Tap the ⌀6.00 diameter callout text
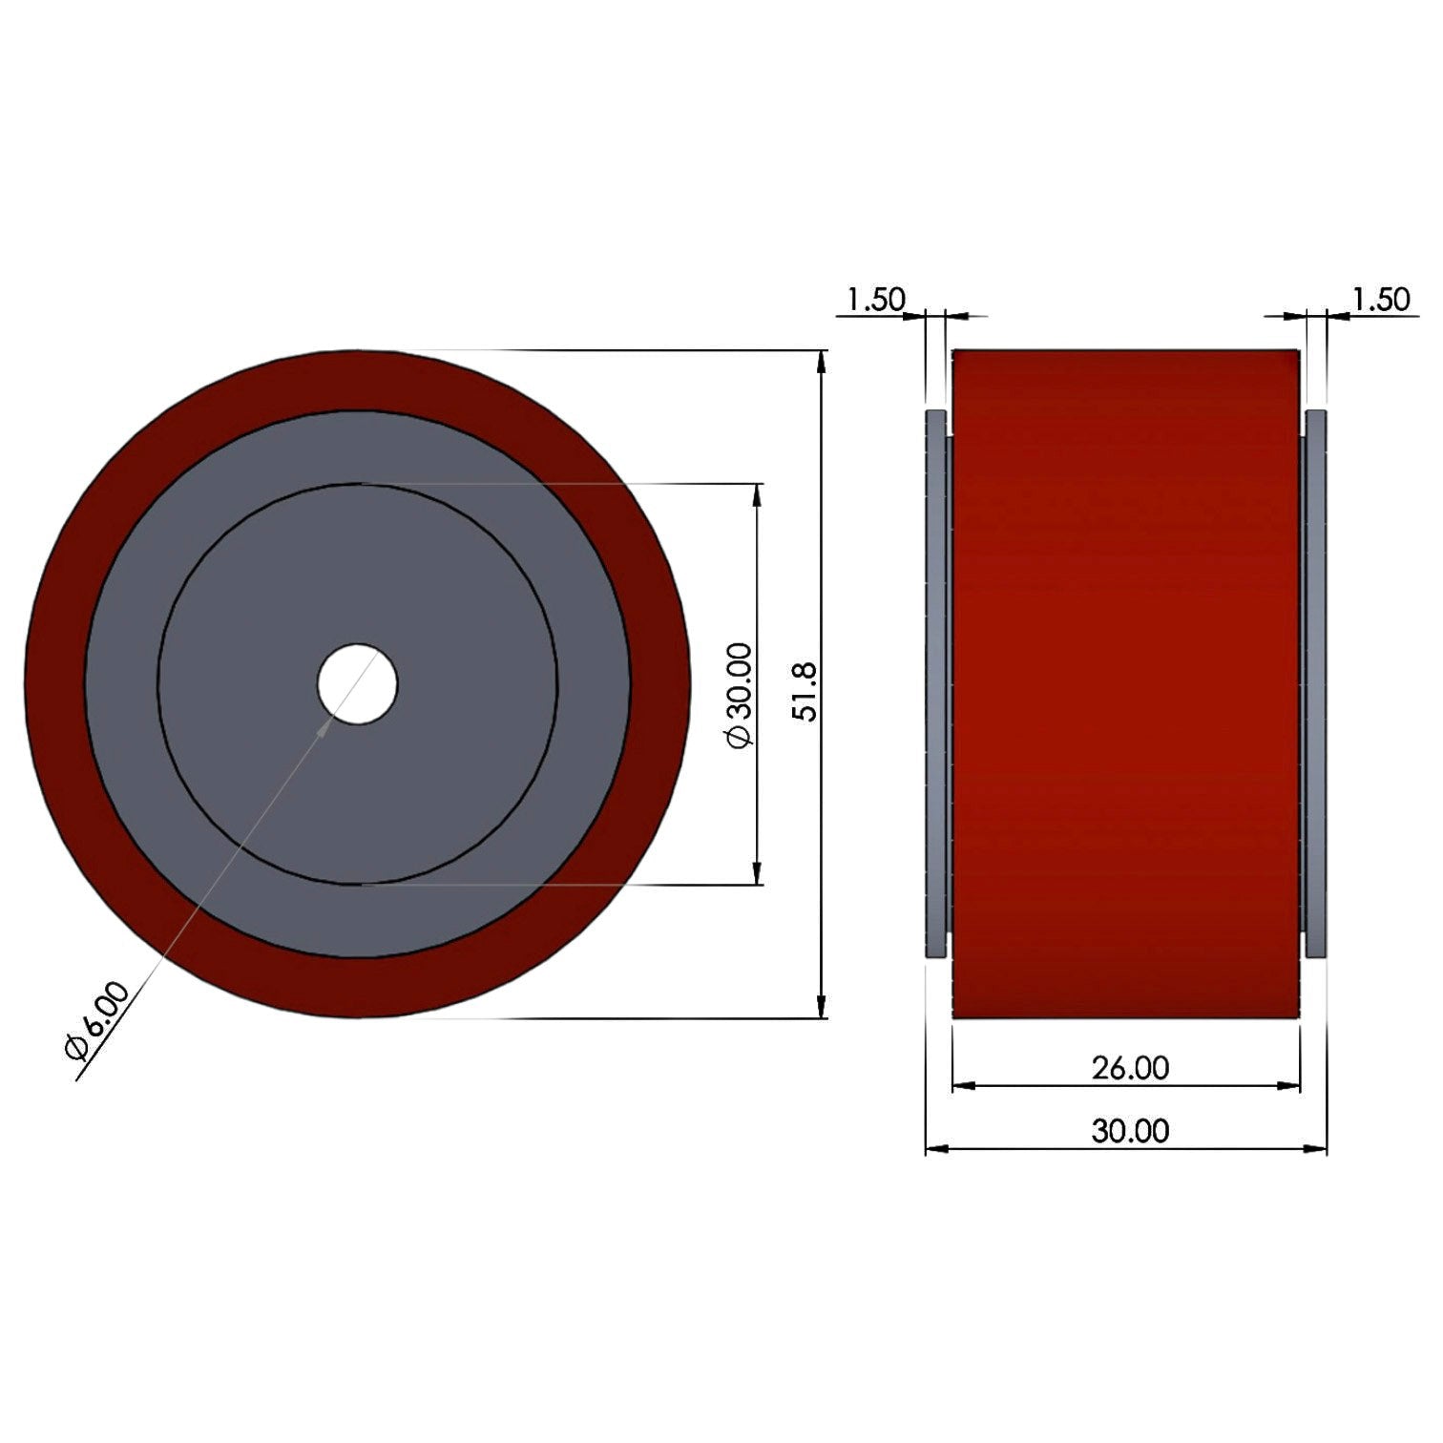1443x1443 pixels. [x=96, y=1020]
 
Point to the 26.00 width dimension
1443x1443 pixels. [x=1130, y=1068]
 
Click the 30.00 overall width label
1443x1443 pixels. [x=1130, y=1131]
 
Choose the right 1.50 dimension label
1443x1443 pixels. [x=1380, y=300]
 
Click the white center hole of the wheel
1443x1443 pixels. [x=357, y=683]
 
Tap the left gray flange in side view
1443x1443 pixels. [x=936, y=683]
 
